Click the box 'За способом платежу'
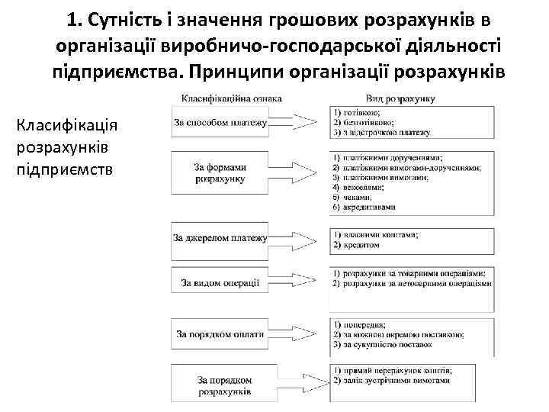pyautogui.click(x=220, y=122)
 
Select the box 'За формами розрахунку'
pyautogui.click(x=220, y=172)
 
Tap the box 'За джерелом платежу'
pyautogui.click(x=220, y=238)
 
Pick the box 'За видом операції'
pyautogui.click(x=220, y=283)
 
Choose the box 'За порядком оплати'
pyautogui.click(x=220, y=333)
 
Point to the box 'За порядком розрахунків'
pyautogui.click(x=220, y=385)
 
